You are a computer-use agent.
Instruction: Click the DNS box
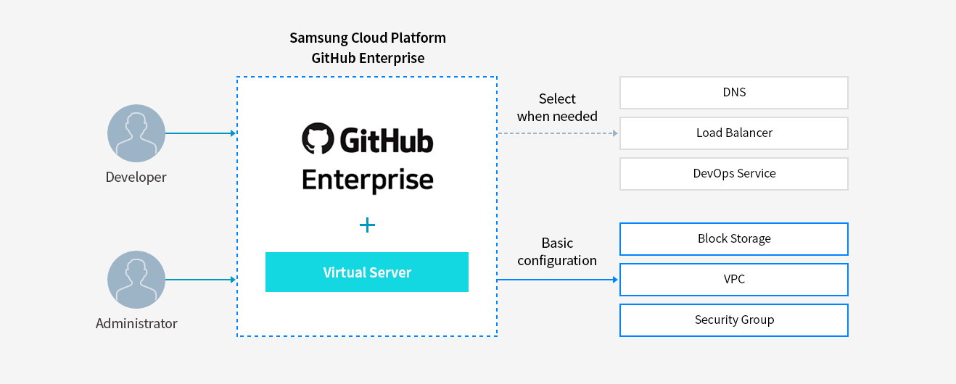point(733,93)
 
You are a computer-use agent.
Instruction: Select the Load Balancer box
point(733,133)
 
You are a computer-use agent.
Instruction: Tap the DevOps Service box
point(733,174)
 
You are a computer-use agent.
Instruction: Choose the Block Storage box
point(733,239)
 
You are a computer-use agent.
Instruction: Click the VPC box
point(733,280)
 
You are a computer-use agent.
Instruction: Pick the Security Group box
point(733,320)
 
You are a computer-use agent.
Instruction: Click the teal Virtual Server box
point(366,272)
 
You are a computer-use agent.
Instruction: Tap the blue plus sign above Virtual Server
point(367,225)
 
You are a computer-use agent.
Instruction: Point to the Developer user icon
point(136,133)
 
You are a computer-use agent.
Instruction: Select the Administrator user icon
point(136,280)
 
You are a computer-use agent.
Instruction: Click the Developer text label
point(136,178)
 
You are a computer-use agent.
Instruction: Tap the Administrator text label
point(136,324)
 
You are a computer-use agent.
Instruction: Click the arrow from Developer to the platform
point(201,133)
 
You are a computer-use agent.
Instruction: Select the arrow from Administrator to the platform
point(201,280)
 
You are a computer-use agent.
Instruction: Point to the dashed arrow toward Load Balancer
point(557,133)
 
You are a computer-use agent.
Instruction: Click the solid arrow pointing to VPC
point(557,280)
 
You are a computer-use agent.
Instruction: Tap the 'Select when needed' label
point(557,107)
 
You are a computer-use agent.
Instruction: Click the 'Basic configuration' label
point(557,251)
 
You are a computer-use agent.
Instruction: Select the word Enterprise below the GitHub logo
point(367,180)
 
